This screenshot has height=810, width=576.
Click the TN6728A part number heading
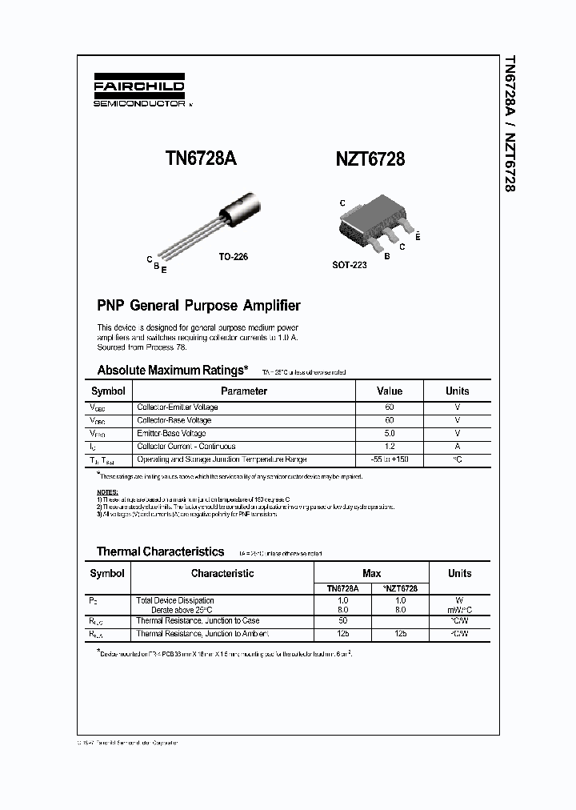(x=201, y=158)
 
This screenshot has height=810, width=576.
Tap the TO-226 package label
(x=233, y=257)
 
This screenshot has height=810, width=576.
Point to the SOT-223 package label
(x=349, y=264)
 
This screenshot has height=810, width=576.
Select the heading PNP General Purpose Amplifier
(x=198, y=305)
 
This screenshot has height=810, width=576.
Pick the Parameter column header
(x=244, y=391)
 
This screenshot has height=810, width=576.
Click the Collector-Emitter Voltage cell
(x=177, y=407)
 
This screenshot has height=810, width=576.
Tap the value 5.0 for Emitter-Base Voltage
(x=390, y=434)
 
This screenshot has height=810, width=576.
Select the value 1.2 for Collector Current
(x=390, y=447)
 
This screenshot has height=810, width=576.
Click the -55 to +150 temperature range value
(x=390, y=459)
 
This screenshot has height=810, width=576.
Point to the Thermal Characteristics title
(x=160, y=551)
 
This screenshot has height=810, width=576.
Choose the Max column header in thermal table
(x=371, y=573)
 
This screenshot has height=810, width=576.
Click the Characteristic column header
(x=222, y=573)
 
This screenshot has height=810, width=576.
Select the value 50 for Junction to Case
(x=342, y=621)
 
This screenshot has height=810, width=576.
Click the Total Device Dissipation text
(x=175, y=600)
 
